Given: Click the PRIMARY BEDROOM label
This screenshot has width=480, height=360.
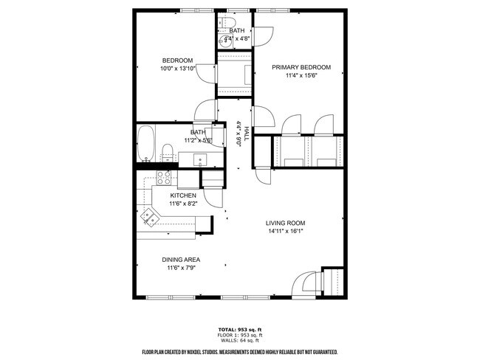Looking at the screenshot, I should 301,67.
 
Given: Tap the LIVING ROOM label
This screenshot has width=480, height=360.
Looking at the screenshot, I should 285,223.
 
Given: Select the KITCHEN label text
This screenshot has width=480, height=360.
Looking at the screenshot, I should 183,195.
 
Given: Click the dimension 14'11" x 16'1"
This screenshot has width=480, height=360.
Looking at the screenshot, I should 285,231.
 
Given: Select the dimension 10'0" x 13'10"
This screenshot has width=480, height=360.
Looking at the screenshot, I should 177,69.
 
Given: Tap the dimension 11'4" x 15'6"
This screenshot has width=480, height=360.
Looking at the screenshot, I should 301,75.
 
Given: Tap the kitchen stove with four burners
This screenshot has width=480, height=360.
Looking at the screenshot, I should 163,177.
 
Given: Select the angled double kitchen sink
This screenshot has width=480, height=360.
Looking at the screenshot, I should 151,216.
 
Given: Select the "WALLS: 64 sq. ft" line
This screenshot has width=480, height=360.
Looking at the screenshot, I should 239,340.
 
